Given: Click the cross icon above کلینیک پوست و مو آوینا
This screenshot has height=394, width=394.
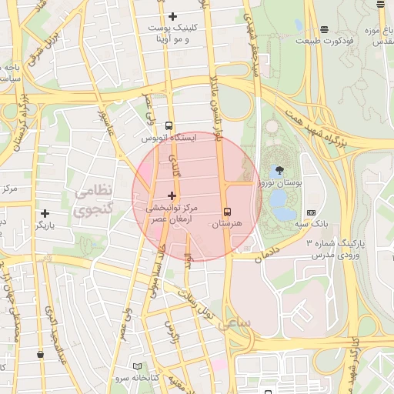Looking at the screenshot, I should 172,16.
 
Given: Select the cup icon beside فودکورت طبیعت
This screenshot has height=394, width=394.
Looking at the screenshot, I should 299,25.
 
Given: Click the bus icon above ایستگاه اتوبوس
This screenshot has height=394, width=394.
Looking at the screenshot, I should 169,125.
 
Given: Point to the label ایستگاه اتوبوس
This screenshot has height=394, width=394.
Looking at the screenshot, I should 169,138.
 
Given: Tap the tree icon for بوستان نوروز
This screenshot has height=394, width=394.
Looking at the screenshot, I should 277,171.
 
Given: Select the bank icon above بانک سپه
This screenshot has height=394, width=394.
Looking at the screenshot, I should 311,212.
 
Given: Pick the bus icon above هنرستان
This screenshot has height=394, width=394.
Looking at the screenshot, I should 226,211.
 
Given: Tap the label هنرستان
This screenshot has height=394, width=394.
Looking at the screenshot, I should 226,223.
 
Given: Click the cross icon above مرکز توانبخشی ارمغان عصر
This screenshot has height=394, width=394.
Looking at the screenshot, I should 172,196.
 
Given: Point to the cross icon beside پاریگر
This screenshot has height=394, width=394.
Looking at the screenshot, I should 45,213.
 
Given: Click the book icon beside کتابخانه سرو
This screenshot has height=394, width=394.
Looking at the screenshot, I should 138,366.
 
